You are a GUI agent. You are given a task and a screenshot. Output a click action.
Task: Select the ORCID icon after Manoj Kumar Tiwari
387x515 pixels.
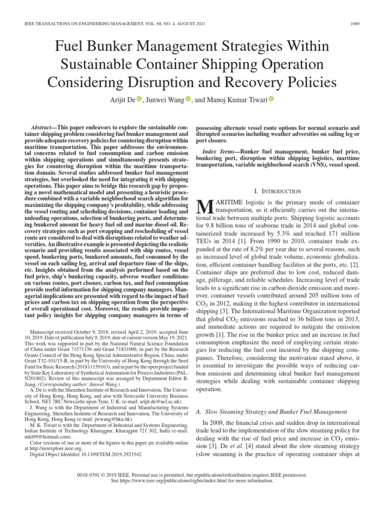pos(271,99)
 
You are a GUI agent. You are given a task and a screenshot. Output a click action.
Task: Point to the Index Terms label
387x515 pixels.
pos(220,151)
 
